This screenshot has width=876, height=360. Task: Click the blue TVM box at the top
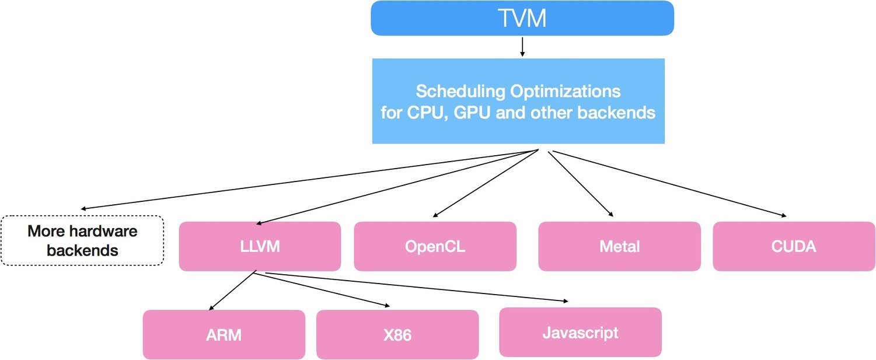(522, 18)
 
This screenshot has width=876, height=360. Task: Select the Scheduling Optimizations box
(518, 101)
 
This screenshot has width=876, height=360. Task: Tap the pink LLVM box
(260, 246)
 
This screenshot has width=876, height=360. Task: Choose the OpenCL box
(435, 246)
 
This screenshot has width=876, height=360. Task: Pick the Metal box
(619, 246)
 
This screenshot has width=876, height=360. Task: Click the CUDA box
(794, 246)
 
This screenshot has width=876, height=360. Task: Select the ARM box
(224, 335)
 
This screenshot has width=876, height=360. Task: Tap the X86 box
(397, 335)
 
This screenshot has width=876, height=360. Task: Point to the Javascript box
(580, 333)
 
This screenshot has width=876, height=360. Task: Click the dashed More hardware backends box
(82, 240)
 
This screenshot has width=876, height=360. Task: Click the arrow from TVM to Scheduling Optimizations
(522, 46)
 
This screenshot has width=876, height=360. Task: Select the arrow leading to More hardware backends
(309, 180)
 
